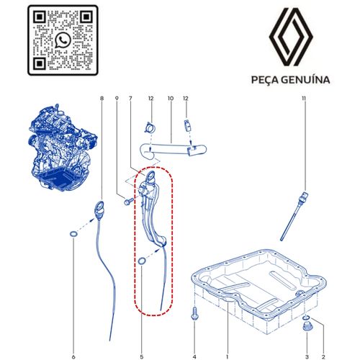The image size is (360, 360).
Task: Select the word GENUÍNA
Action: tap(307, 80)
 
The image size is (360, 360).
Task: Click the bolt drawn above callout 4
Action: tap(194, 314)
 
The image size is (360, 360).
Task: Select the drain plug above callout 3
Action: tap(307, 330)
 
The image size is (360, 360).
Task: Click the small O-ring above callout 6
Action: tap(73, 235)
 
